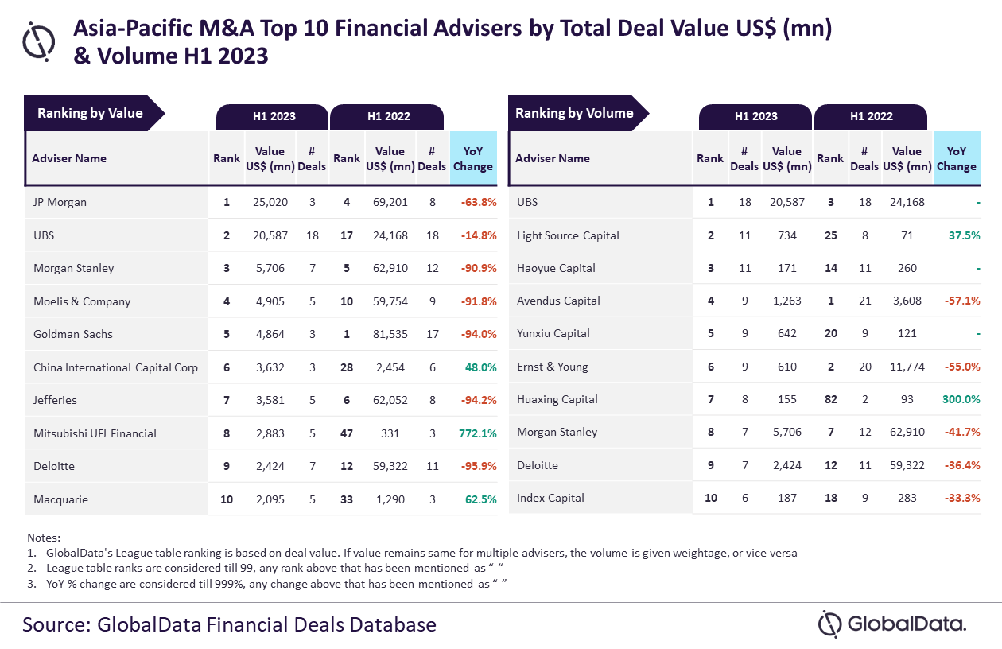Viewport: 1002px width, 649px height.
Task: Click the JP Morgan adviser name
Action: [60, 202]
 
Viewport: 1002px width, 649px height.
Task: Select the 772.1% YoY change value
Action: [477, 433]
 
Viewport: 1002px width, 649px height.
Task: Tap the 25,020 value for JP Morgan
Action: [270, 202]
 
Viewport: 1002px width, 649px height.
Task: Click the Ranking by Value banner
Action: [90, 113]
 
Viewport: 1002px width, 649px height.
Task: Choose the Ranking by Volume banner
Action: [574, 113]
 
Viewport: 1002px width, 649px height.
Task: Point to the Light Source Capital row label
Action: [568, 235]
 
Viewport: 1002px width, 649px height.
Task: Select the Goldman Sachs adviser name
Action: [73, 334]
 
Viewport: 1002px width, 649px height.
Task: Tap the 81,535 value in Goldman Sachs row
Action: [390, 334]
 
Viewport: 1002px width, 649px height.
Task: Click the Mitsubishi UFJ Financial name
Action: [95, 433]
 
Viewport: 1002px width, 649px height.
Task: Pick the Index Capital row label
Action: [550, 498]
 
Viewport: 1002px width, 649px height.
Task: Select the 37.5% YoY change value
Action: [962, 235]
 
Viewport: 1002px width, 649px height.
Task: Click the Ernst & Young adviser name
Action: [553, 367]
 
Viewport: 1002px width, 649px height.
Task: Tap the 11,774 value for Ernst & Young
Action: [907, 367]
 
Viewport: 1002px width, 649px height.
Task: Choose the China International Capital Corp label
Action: [115, 367]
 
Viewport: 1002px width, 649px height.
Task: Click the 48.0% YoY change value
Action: [480, 367]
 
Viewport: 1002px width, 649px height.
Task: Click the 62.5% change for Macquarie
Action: [480, 499]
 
